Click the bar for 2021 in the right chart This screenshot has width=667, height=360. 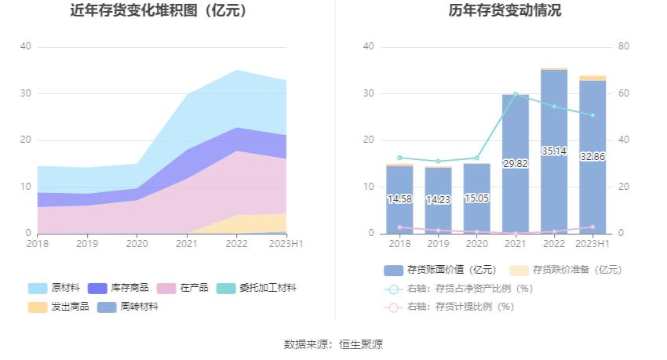coord(515,165)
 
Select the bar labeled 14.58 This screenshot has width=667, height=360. coord(399,200)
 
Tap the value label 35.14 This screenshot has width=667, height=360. coord(554,151)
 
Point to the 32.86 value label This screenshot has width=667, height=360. coord(592,156)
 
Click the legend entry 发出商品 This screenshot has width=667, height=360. coord(58,307)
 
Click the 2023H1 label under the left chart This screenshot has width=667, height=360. coord(286,244)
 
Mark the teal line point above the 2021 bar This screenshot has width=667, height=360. coord(516,94)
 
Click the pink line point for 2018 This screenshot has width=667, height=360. coord(399,227)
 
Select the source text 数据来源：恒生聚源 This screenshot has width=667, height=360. coord(333,344)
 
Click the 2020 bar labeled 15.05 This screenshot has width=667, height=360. coord(476,198)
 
